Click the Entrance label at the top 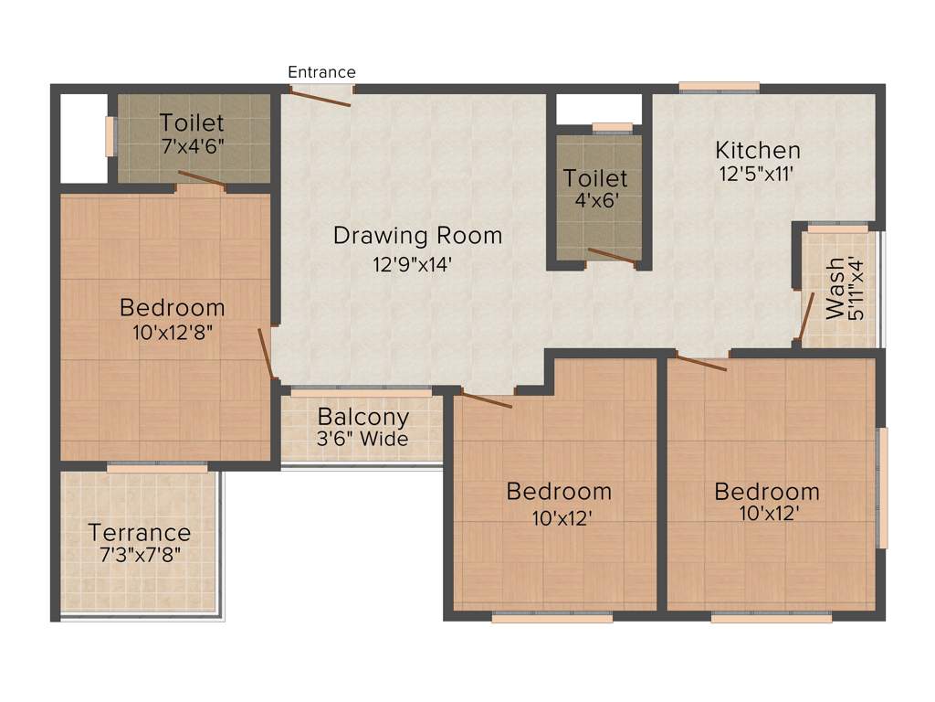pos(321,72)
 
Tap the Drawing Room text pos(417,236)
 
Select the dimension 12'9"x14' pos(413,266)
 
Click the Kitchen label pos(757,150)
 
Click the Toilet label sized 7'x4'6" pos(191,122)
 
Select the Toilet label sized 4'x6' pos(595,178)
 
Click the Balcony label pos(362,418)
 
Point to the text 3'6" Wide pos(362,440)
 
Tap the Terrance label pos(140,532)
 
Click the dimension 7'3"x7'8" pos(140,553)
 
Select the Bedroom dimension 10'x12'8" pos(173,332)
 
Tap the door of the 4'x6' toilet pos(612,256)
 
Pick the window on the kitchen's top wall pos(719,88)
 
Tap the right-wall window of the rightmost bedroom pos(881,487)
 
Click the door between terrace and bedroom pos(157,467)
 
